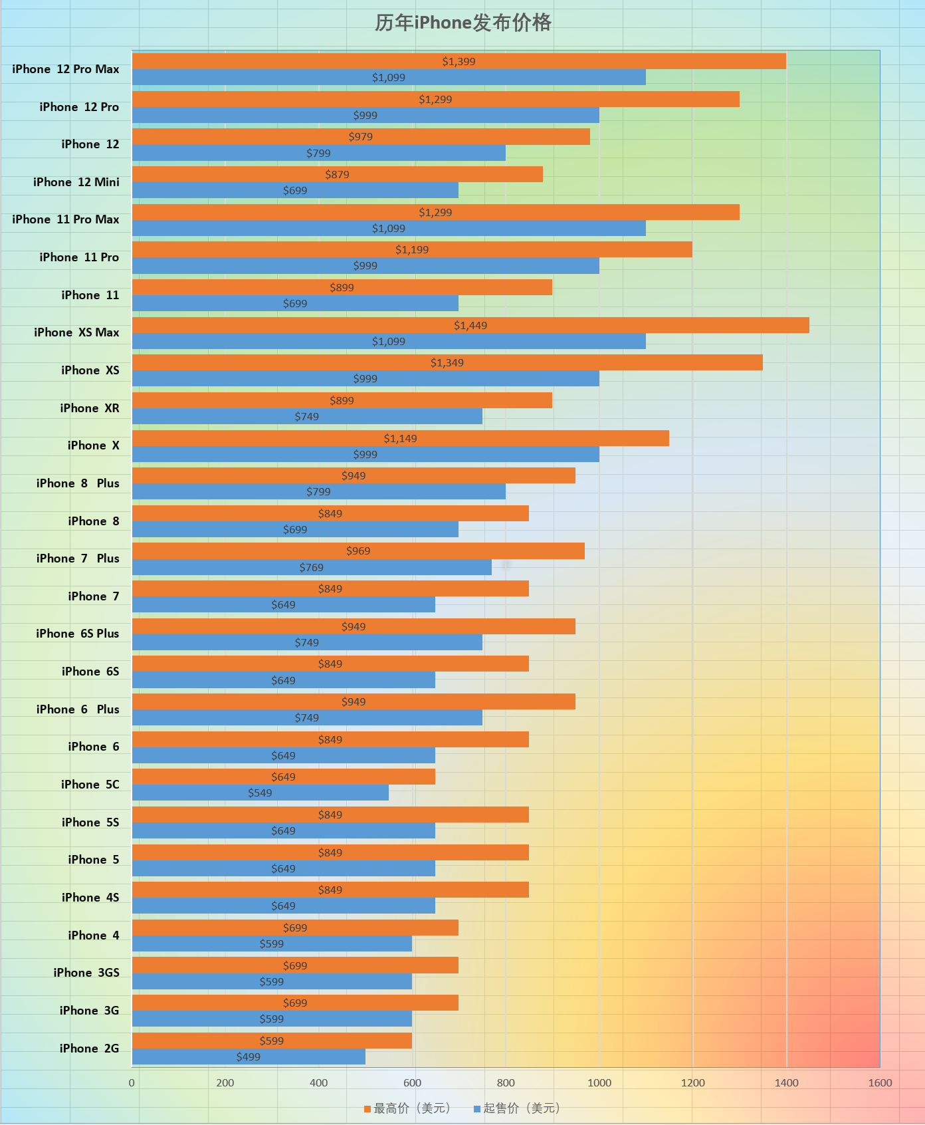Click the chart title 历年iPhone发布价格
462,23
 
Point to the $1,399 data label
459,62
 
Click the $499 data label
249,1057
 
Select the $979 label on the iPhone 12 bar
361,137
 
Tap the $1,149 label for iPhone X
400,438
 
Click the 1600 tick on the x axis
880,1082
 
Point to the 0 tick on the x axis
132,1082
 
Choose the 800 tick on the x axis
506,1082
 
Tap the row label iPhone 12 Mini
76,182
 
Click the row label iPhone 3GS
86,973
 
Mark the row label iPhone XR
90,408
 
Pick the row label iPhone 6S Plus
78,634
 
